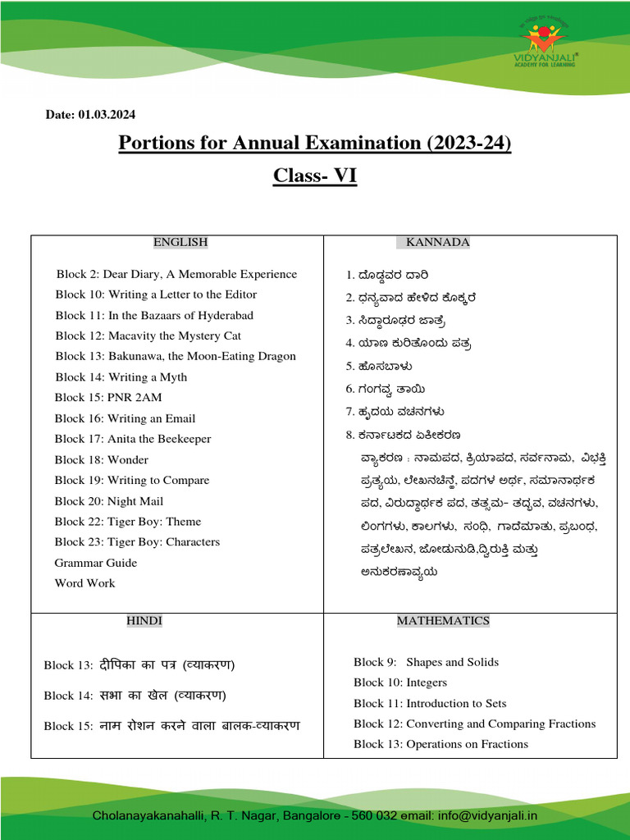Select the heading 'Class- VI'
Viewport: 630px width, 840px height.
(x=315, y=176)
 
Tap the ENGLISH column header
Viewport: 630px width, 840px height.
(x=180, y=242)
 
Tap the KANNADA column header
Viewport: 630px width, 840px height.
(x=437, y=242)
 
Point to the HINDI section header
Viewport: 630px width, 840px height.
(x=144, y=621)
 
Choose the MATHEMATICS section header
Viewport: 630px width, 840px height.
(x=443, y=621)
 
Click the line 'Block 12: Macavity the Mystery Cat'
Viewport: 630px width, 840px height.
(x=148, y=336)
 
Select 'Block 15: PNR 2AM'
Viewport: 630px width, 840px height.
(x=108, y=398)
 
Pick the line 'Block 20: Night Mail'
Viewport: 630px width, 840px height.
(x=109, y=501)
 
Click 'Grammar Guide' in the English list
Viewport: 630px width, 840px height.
(x=96, y=563)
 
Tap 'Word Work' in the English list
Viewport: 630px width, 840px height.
(x=84, y=583)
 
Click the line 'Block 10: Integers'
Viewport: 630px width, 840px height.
(x=400, y=682)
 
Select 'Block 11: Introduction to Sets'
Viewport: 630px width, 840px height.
(x=430, y=703)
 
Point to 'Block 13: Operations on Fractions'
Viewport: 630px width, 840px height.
(x=441, y=744)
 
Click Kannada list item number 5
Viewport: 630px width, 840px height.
(x=379, y=366)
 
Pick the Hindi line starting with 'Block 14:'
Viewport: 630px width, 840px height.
(x=135, y=696)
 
